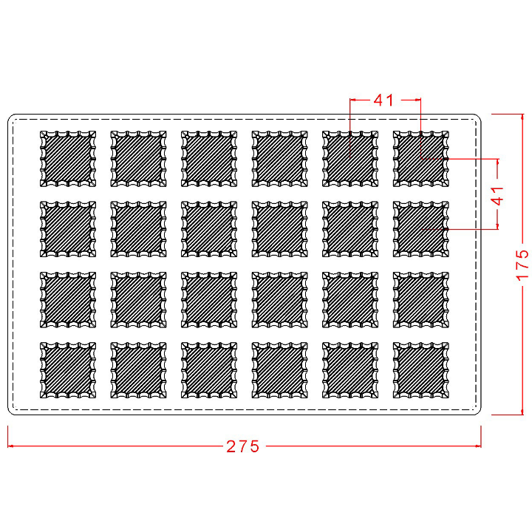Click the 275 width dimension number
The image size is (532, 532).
coord(243,446)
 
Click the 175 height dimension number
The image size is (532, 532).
coord(522,264)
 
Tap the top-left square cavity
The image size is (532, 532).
coord(67,159)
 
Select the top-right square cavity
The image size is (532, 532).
coord(420,159)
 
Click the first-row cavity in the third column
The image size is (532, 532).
coord(208,159)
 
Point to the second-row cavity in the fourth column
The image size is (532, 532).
coord(279,229)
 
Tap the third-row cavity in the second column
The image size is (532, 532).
coord(138,299)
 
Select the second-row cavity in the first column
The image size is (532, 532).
coord(67,229)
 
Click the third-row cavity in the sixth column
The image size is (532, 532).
coord(420,299)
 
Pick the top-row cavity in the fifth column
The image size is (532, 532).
coord(349,159)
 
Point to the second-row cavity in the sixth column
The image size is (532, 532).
coord(420,229)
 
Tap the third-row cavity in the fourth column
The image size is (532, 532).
coord(279,299)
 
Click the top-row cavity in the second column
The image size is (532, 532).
coord(138,159)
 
